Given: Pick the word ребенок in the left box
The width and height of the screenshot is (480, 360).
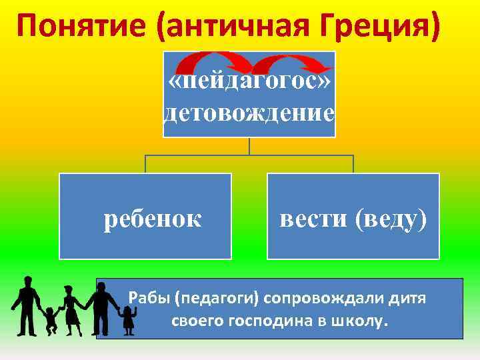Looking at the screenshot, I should coord(153,218).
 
